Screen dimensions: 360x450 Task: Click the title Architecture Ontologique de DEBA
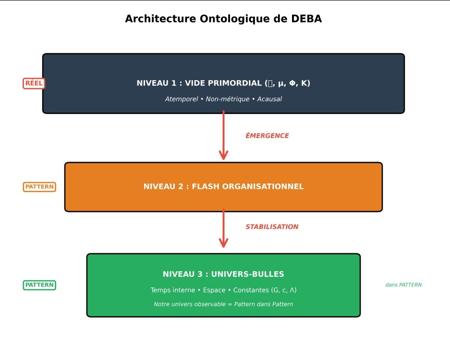point(223,19)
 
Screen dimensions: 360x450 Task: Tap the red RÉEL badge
point(34,83)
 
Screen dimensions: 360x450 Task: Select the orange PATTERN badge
point(39,186)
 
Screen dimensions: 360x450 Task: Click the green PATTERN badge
point(39,285)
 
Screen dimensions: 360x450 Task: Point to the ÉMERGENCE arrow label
point(267,136)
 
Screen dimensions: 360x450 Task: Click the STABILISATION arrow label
point(272,227)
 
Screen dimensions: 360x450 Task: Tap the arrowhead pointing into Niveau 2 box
point(223,155)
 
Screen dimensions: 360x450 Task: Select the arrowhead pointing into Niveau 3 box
point(223,243)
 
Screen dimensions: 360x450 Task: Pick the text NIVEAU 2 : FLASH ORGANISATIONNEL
point(223,186)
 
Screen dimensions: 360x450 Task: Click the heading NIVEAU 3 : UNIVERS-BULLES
point(223,274)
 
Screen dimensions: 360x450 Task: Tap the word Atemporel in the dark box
point(182,99)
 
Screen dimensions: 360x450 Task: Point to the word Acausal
point(269,99)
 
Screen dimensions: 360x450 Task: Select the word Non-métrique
point(228,99)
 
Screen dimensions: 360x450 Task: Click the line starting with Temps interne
point(223,290)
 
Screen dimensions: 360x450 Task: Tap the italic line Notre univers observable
point(223,304)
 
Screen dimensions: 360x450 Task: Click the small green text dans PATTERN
point(403,285)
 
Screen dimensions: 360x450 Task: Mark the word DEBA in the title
point(306,19)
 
